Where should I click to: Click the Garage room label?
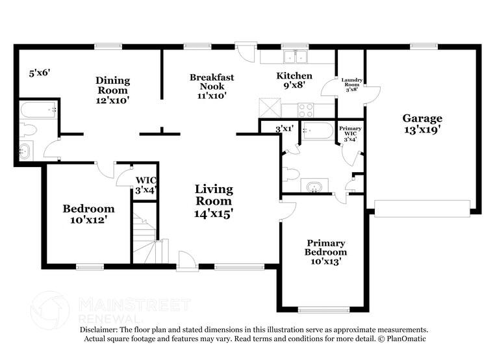tap(422, 123)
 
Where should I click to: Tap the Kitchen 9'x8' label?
tap(294, 80)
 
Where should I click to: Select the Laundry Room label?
tap(351, 84)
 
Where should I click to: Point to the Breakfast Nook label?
tap(212, 86)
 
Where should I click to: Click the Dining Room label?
tap(112, 90)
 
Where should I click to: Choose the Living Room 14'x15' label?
tap(214, 201)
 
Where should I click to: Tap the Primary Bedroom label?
tap(325, 251)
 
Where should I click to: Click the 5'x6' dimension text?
tap(40, 73)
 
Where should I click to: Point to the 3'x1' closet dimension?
tap(285, 129)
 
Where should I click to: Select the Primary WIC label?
tap(350, 134)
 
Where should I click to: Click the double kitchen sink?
tap(296, 57)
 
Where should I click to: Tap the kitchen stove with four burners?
tap(305, 110)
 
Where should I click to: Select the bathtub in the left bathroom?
tap(38, 109)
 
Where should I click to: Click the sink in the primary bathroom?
tap(314, 186)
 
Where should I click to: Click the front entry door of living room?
tap(187, 261)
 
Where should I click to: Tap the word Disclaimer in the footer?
tap(98, 330)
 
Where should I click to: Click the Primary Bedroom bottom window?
tap(324, 310)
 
